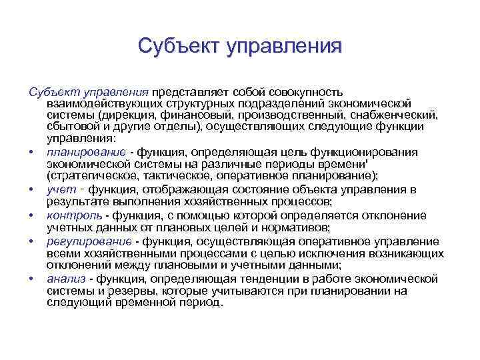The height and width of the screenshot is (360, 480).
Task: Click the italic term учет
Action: (x=61, y=189)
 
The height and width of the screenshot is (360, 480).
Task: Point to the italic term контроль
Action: (x=75, y=215)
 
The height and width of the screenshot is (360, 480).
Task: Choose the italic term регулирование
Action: (x=89, y=241)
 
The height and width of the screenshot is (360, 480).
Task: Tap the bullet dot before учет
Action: (x=32, y=189)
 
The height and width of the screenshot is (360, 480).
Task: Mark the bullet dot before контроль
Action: (x=32, y=215)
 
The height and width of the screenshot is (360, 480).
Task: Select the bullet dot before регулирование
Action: (x=32, y=241)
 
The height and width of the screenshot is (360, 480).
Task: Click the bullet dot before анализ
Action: (x=32, y=278)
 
